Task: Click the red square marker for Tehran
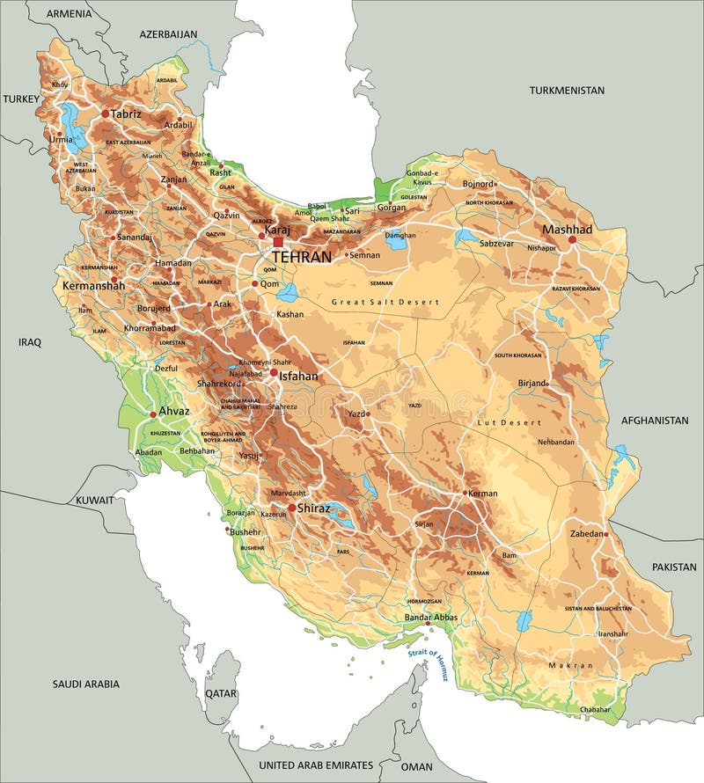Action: pos(278,242)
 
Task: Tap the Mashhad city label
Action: pos(567,229)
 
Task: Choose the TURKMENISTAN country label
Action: pos(567,91)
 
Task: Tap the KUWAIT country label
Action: pos(94,500)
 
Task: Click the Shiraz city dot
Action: pos(291,507)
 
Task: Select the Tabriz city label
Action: pos(126,113)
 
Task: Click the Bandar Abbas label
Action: pos(430,618)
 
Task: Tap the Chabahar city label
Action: pos(595,709)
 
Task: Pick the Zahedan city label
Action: pos(587,534)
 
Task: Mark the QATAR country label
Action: pos(221,693)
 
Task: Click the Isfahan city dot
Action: pos(274,374)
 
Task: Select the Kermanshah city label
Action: pos(93,286)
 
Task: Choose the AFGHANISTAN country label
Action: pos(655,421)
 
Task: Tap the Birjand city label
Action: pos(531,384)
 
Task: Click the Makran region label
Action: pos(570,666)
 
